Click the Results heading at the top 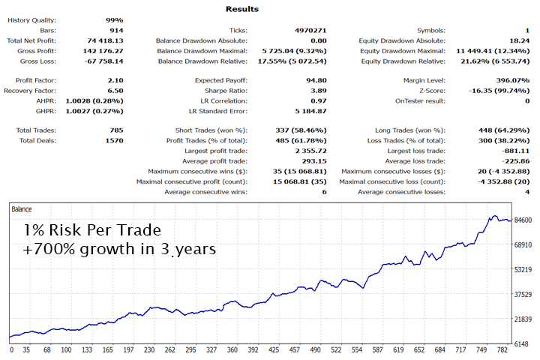(241, 9)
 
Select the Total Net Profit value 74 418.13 (104, 40)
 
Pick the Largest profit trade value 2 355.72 (309, 151)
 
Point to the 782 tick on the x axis (502, 350)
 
